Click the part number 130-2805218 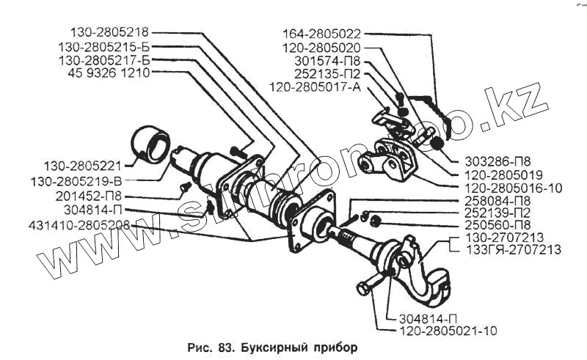[x=109, y=32]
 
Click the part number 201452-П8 [x=87, y=196]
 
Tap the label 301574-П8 [x=327, y=61]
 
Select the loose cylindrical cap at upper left [x=152, y=145]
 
